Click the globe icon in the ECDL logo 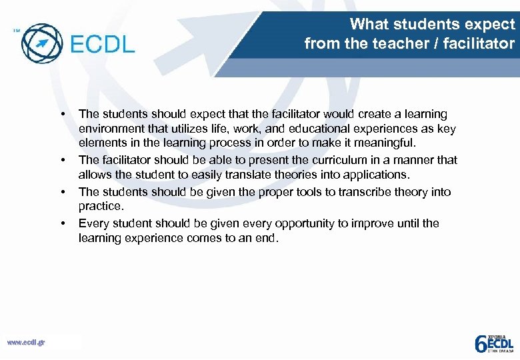point(42,43)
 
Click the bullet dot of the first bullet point point(63,114)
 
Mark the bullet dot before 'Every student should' point(63,223)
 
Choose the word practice point(100,207)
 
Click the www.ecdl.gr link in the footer point(26,343)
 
